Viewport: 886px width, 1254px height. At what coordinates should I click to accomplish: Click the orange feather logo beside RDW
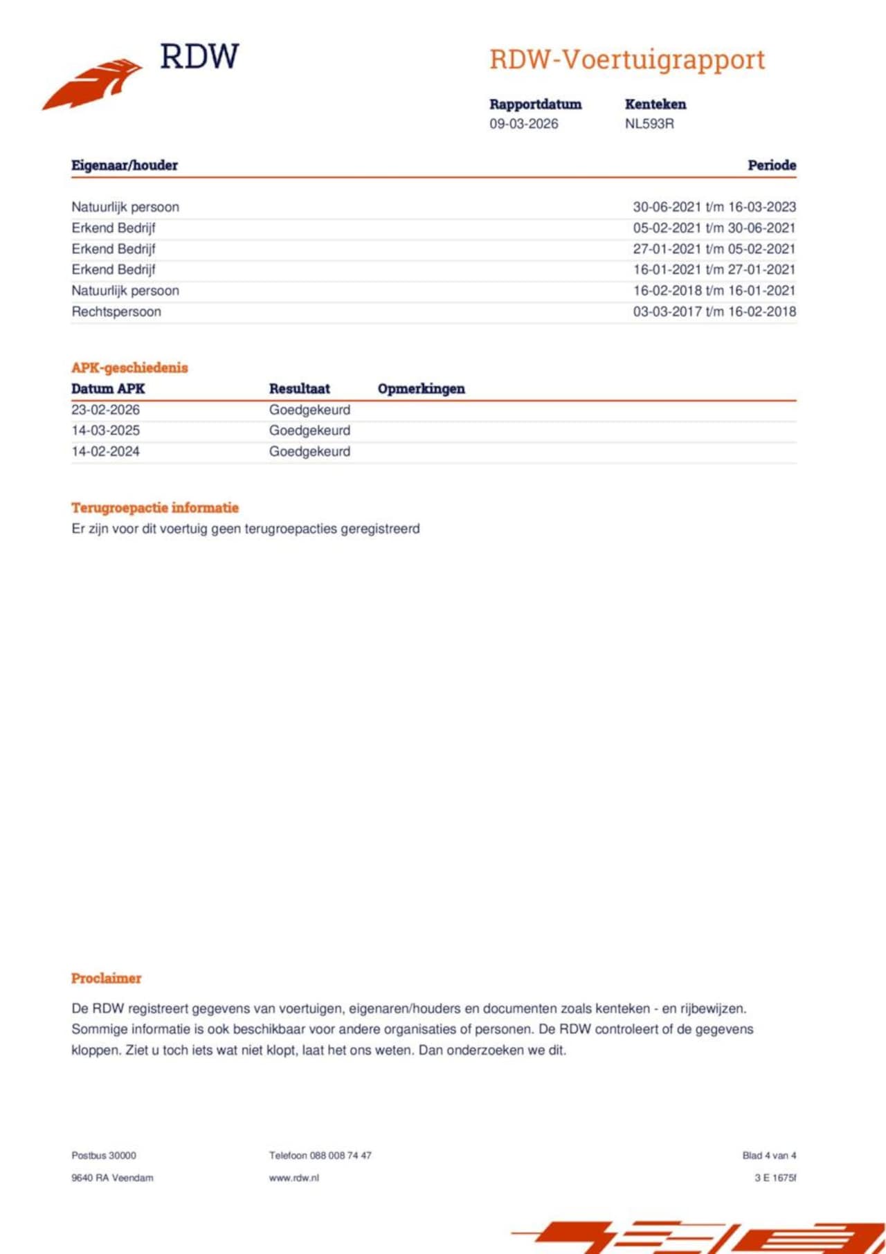coord(93,84)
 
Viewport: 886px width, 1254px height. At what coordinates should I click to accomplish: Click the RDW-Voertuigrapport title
coord(627,60)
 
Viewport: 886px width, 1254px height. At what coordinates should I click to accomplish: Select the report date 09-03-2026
coord(523,124)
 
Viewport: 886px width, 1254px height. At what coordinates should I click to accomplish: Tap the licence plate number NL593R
coord(649,124)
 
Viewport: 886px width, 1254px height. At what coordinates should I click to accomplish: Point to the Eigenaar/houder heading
coord(125,165)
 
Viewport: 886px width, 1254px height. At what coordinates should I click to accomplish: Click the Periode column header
coord(771,165)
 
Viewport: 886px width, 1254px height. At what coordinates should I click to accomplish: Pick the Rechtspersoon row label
coord(116,312)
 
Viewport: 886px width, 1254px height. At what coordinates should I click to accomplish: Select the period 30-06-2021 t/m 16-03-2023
coord(714,207)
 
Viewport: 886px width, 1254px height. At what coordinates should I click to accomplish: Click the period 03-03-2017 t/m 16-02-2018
coord(714,312)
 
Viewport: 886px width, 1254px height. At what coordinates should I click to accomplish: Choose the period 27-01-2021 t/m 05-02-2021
coord(714,249)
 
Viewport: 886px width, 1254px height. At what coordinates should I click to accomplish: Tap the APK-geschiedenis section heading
coord(129,368)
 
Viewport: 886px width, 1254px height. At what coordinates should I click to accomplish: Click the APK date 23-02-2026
coord(105,410)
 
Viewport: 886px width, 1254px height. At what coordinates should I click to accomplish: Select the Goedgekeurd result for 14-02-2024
coord(309,452)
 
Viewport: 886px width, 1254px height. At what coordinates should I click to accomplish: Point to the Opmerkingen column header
coord(421,389)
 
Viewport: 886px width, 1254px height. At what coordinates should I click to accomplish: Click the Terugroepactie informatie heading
coord(154,508)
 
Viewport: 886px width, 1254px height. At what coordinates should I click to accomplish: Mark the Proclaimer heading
coord(106,979)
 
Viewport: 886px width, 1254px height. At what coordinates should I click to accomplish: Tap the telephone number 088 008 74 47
coord(340,1156)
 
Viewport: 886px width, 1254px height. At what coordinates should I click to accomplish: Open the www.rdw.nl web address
coord(293,1178)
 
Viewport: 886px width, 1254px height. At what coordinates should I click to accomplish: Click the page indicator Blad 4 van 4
coord(769,1156)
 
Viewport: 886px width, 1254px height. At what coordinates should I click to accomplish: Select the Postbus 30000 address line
coord(104,1156)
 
